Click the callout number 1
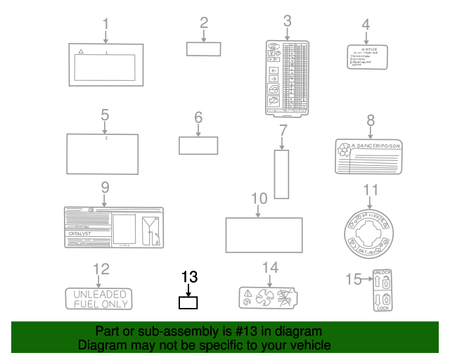coord(105,24)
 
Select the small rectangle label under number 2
coord(203,49)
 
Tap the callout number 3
coord(287,22)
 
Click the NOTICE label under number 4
coord(368,56)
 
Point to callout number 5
coord(105,114)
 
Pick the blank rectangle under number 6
coord(198,145)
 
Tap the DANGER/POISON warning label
coord(371,155)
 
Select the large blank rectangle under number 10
coord(264,235)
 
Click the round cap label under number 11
coord(370,232)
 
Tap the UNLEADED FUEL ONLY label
coord(98,299)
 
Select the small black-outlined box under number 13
coord(188,303)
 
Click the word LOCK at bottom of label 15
coord(383,309)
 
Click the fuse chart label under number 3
coord(287,77)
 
